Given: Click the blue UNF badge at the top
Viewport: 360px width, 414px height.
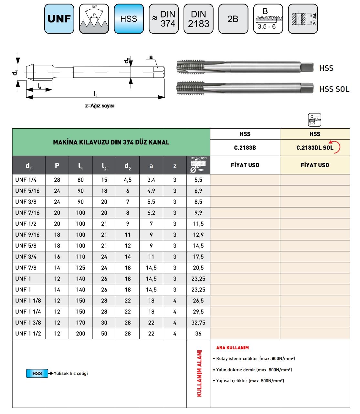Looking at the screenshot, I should click(59, 19).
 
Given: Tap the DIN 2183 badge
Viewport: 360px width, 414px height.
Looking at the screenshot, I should click(198, 19).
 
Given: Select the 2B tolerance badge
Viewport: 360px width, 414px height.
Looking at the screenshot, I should click(233, 19).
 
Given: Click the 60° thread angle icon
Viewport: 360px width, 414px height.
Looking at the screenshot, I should click(94, 19).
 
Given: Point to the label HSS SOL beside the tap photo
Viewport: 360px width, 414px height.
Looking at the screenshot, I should click(334, 89).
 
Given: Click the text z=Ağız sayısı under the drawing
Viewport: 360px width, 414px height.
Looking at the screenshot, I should click(100, 106).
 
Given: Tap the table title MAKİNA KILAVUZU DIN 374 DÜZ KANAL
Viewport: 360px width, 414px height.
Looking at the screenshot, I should click(111, 142).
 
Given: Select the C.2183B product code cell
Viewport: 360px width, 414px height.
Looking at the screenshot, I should click(245, 148).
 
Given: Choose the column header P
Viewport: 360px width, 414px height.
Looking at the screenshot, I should click(57, 165).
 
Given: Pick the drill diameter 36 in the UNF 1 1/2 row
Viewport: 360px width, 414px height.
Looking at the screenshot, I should click(198, 334).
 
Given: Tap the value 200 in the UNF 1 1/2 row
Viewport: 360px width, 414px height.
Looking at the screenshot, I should click(80, 334).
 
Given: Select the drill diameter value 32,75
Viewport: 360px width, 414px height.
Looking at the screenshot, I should click(198, 323).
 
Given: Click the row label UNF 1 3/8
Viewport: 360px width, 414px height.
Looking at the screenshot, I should click(28, 323).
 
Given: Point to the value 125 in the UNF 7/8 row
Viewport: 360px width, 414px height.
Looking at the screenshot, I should click(80, 268).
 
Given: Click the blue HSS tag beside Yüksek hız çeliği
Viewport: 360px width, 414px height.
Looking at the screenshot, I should click(37, 373).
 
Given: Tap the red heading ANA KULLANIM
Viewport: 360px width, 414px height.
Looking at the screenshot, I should click(232, 348).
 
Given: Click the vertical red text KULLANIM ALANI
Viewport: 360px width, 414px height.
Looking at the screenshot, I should click(199, 373).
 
